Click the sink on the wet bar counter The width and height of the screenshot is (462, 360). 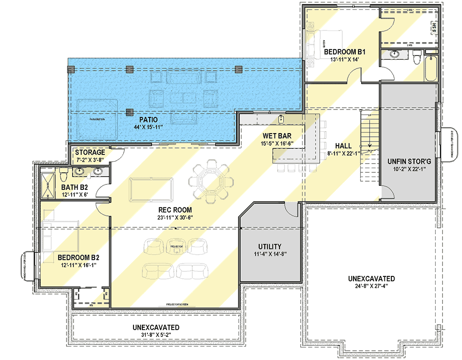pos(281,119)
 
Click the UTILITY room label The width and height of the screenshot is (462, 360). pos(270,247)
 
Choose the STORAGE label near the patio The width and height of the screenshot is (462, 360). pos(90,153)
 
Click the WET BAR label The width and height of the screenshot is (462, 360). pos(276,136)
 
